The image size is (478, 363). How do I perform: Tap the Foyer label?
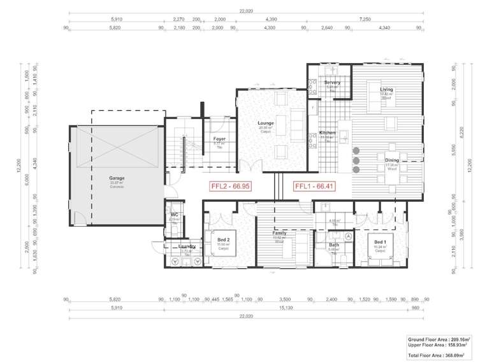pyautogui.click(x=219, y=139)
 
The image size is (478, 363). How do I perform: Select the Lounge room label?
pyautogui.click(x=266, y=124)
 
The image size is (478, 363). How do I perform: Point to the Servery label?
pyautogui.click(x=332, y=83)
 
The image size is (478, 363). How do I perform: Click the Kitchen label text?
pyautogui.click(x=328, y=133)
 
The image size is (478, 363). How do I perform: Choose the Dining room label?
pyautogui.click(x=391, y=161)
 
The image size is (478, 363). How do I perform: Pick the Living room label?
pyautogui.click(x=386, y=90)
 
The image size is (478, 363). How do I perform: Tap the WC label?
pyautogui.click(x=174, y=215)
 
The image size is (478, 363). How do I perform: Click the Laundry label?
pyautogui.click(x=186, y=246)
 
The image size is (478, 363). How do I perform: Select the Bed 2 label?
pyautogui.click(x=223, y=240)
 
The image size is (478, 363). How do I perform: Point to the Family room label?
pyautogui.click(x=279, y=234)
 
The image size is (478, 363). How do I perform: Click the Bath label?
pyautogui.click(x=334, y=245)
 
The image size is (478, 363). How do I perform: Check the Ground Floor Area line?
pyautogui.click(x=438, y=340)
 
